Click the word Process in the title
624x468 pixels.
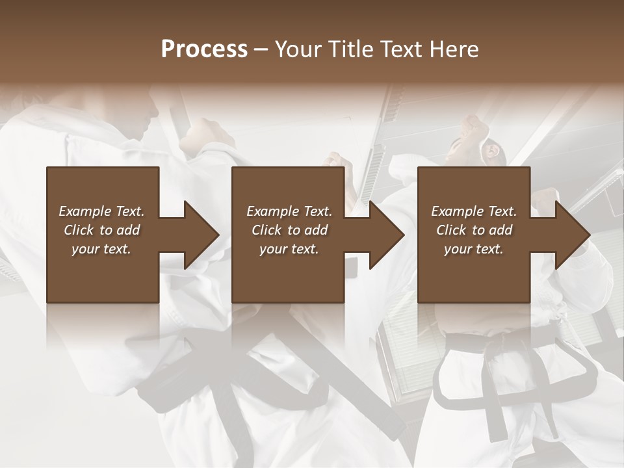(x=204, y=49)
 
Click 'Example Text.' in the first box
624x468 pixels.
(x=101, y=211)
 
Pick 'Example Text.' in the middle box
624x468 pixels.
(x=289, y=211)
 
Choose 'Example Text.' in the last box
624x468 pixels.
(x=474, y=211)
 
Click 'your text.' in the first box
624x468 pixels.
(x=101, y=249)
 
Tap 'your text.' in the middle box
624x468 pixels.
(x=289, y=249)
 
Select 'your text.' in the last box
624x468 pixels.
(x=474, y=249)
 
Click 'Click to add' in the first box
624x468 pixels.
(x=101, y=230)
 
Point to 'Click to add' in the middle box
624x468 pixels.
(x=289, y=230)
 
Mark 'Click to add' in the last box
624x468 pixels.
(x=474, y=230)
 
